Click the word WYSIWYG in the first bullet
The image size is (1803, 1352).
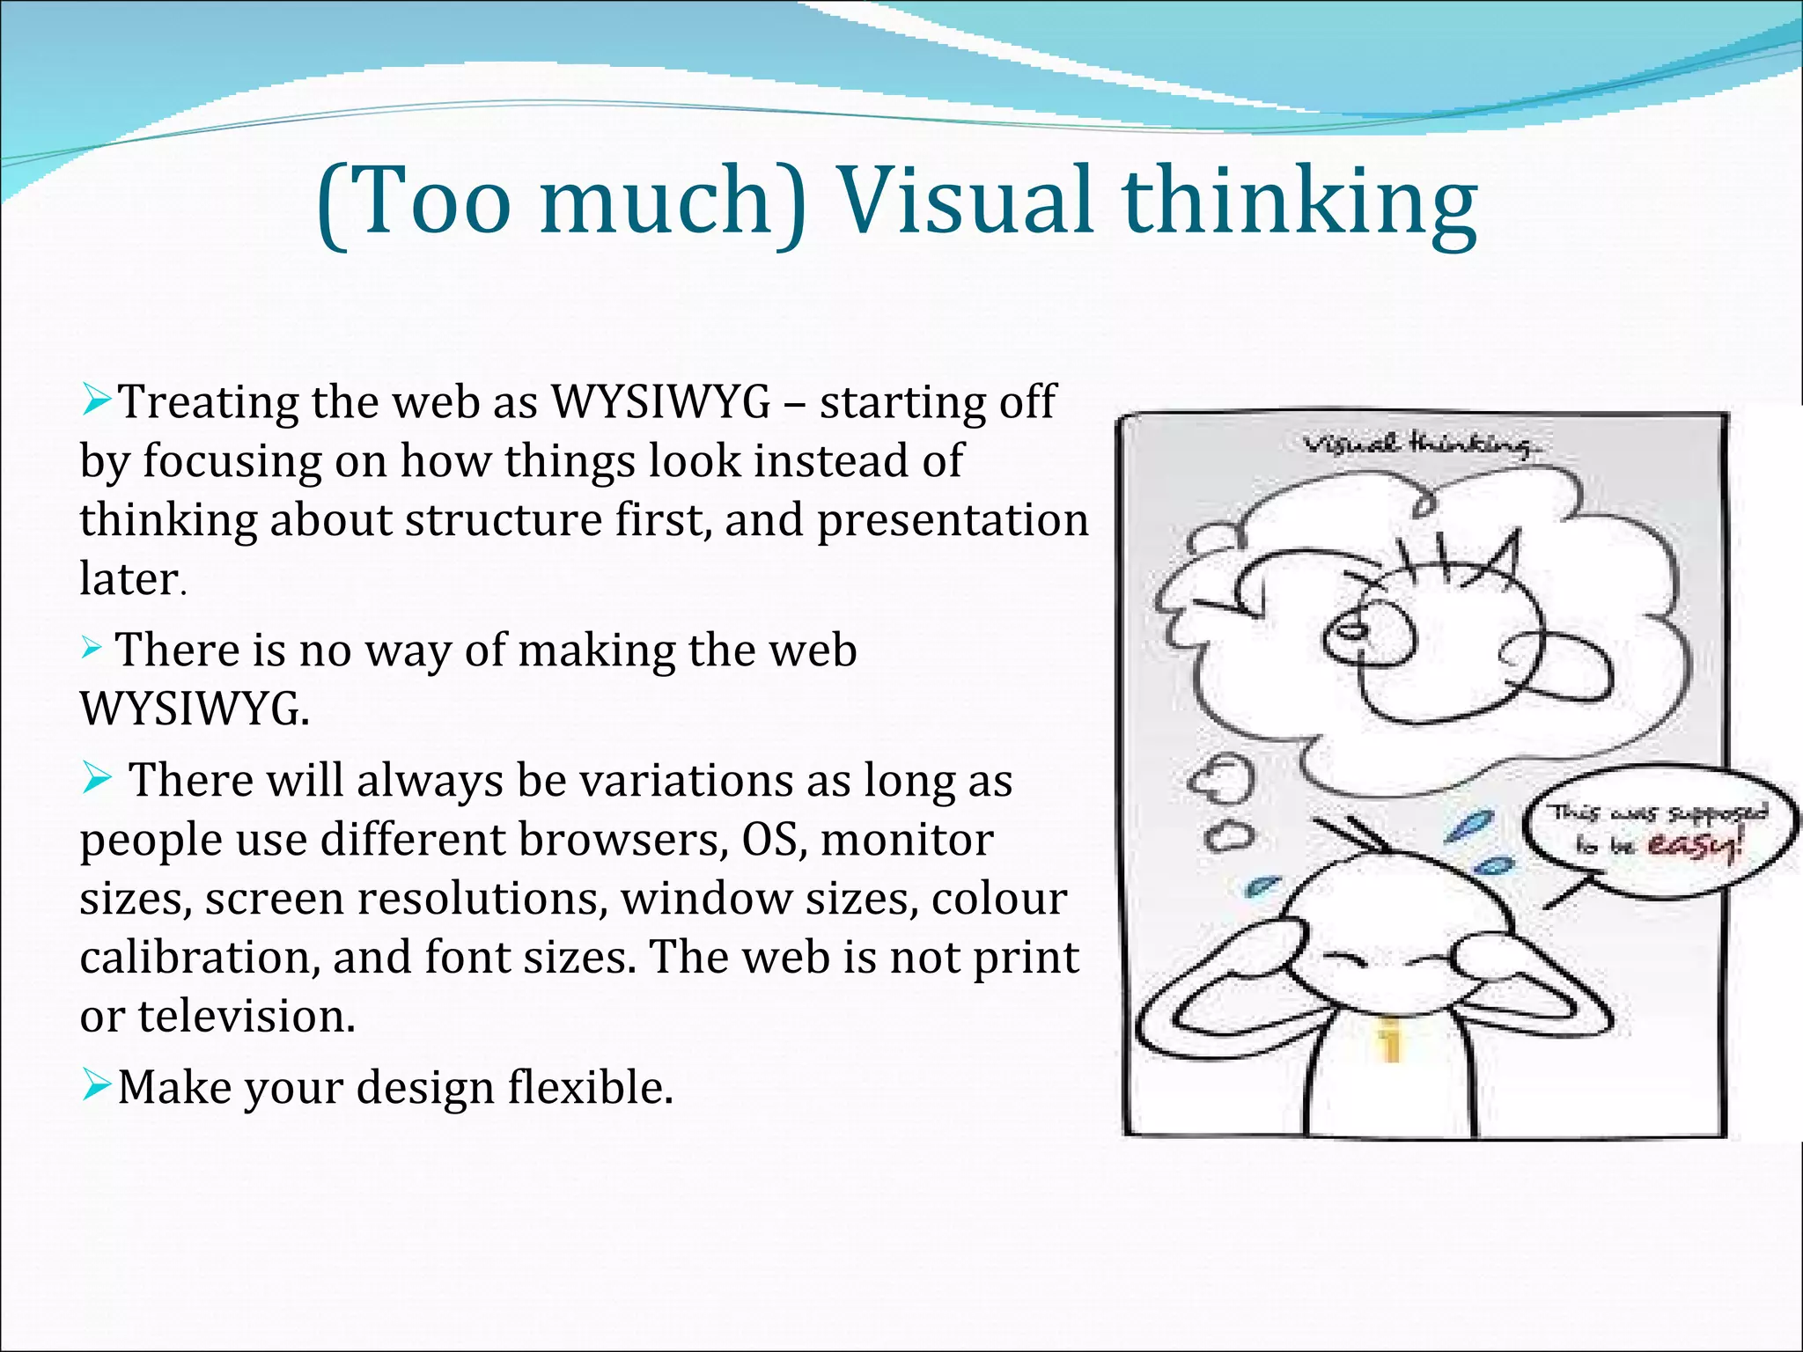pos(660,402)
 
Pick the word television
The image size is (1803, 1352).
pos(247,1016)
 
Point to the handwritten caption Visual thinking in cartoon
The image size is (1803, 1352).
pos(1422,445)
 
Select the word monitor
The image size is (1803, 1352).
pos(907,839)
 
